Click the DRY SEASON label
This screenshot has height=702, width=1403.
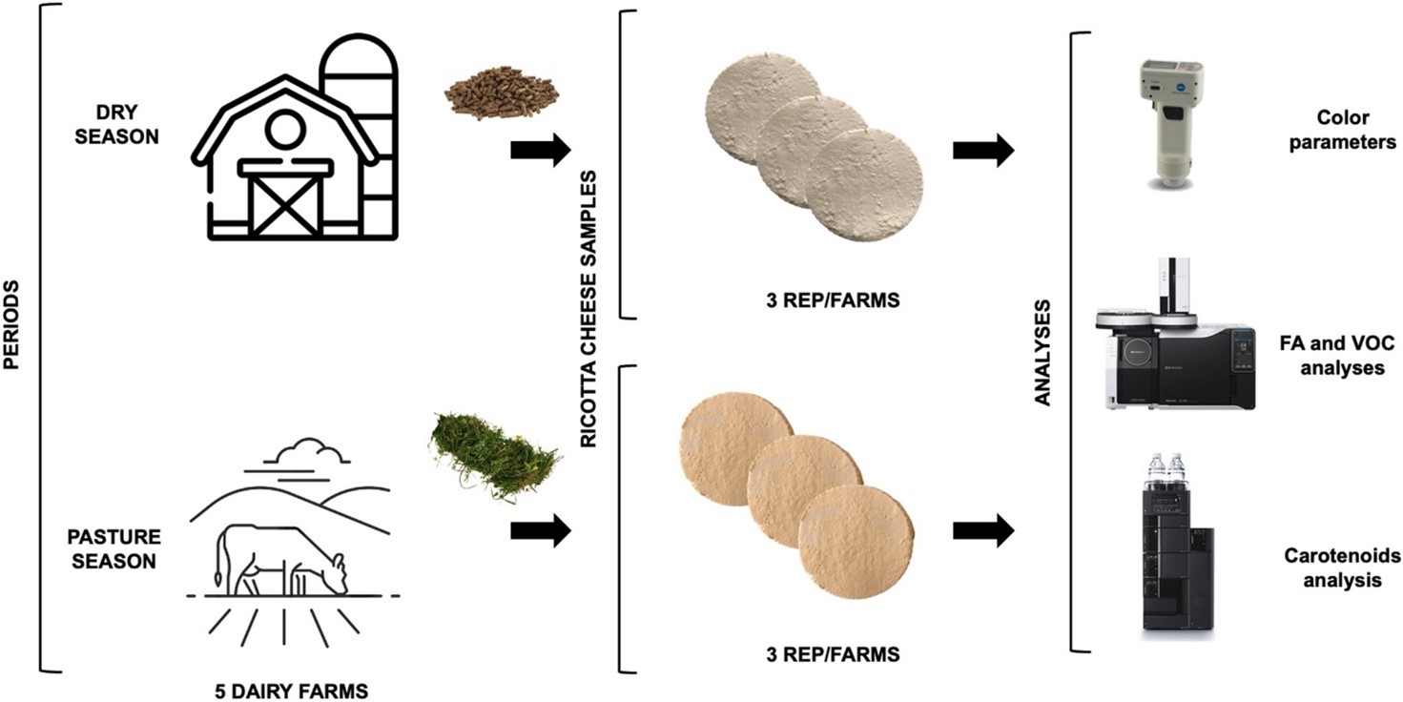pyautogui.click(x=117, y=124)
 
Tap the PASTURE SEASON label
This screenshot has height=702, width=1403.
pyautogui.click(x=114, y=548)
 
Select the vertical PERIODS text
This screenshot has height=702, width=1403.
pyautogui.click(x=11, y=325)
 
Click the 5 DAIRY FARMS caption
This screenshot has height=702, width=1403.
pyautogui.click(x=291, y=692)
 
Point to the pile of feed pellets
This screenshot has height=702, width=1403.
pyautogui.click(x=501, y=92)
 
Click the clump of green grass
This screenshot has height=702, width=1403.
pyautogui.click(x=495, y=457)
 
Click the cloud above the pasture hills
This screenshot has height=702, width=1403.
pyautogui.click(x=305, y=452)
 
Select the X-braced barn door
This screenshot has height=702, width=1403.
pyautogui.click(x=285, y=204)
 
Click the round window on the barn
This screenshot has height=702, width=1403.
pyautogui.click(x=285, y=130)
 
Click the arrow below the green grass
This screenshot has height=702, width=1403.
pyautogui.click(x=541, y=531)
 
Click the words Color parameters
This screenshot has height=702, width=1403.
pyautogui.click(x=1342, y=130)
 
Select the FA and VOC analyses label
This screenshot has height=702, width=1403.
pyautogui.click(x=1337, y=355)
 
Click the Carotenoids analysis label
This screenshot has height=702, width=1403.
pyautogui.click(x=1342, y=568)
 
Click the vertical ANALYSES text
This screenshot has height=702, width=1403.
pyautogui.click(x=1042, y=353)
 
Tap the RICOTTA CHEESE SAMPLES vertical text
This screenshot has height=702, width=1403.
pyautogui.click(x=588, y=309)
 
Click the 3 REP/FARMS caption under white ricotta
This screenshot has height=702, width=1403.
pyautogui.click(x=833, y=300)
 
